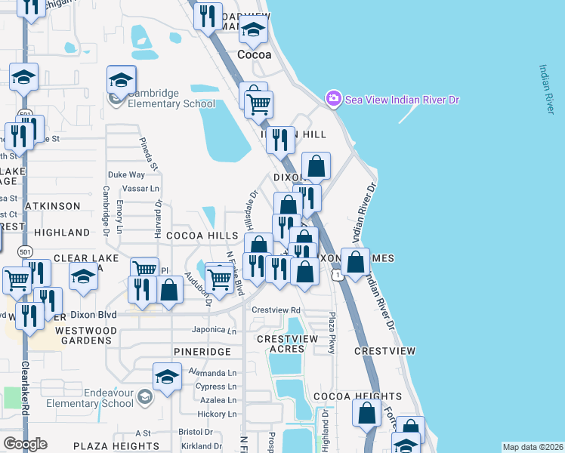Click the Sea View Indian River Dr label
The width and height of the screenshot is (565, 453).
pyautogui.click(x=402, y=99)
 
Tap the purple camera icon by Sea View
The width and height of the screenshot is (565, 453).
pyautogui.click(x=332, y=99)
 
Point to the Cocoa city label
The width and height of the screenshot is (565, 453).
pyautogui.click(x=254, y=55)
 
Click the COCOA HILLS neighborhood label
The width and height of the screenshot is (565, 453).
pyautogui.click(x=202, y=236)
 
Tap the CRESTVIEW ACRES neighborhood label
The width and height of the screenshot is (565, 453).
pyautogui.click(x=287, y=344)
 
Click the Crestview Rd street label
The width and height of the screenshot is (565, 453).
pyautogui.click(x=276, y=310)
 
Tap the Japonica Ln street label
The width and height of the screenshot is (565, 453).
pyautogui.click(x=215, y=330)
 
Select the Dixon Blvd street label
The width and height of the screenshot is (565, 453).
pyautogui.click(x=94, y=314)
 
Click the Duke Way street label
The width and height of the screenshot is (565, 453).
pyautogui.click(x=126, y=174)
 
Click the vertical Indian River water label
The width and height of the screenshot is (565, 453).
pyautogui.click(x=545, y=89)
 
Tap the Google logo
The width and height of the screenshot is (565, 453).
pyautogui.click(x=25, y=444)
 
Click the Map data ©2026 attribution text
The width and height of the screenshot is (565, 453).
pyautogui.click(x=532, y=447)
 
